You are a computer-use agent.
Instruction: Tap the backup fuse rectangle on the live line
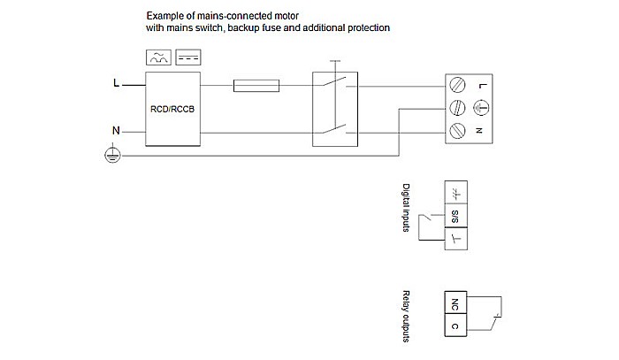coord(257,86)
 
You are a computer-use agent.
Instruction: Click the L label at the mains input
coord(116,85)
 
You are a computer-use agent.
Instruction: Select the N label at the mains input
coord(116,131)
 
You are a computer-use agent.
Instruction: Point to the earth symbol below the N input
coord(112,155)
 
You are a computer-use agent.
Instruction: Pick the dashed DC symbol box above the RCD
coord(188,58)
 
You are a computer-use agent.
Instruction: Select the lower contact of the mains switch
coord(335,132)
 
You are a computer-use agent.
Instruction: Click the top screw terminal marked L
coord(458,86)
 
